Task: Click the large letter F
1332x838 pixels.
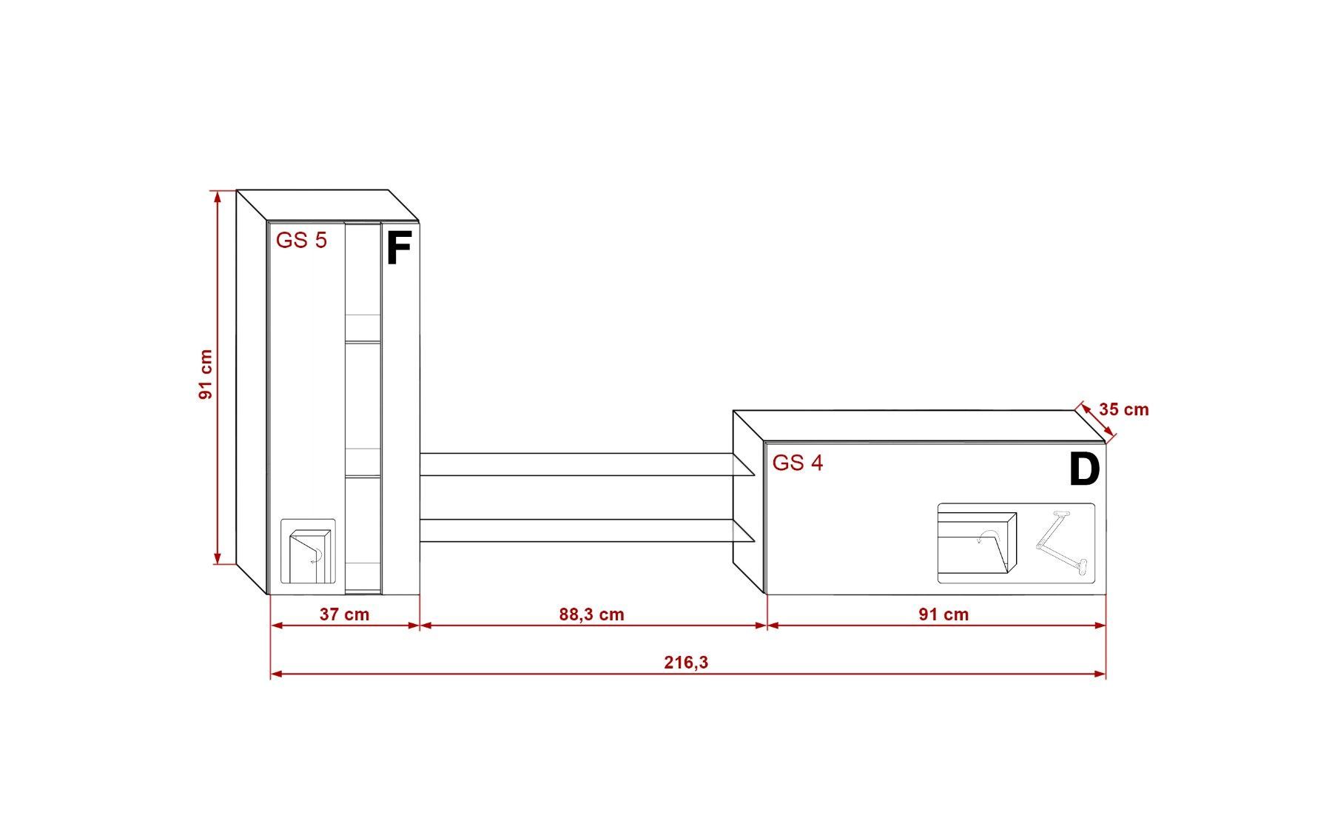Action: click(x=398, y=248)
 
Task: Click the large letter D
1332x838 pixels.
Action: click(x=1084, y=469)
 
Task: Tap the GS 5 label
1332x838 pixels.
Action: click(x=301, y=241)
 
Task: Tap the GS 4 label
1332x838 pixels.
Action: click(x=798, y=463)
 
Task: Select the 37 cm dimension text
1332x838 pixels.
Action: click(x=344, y=614)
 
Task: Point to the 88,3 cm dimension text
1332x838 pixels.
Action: click(x=591, y=614)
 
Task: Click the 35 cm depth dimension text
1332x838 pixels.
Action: click(x=1123, y=409)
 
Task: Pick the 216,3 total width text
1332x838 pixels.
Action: click(x=686, y=662)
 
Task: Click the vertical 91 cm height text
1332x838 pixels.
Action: click(x=205, y=375)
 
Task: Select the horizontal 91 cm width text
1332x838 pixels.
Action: click(x=943, y=614)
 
